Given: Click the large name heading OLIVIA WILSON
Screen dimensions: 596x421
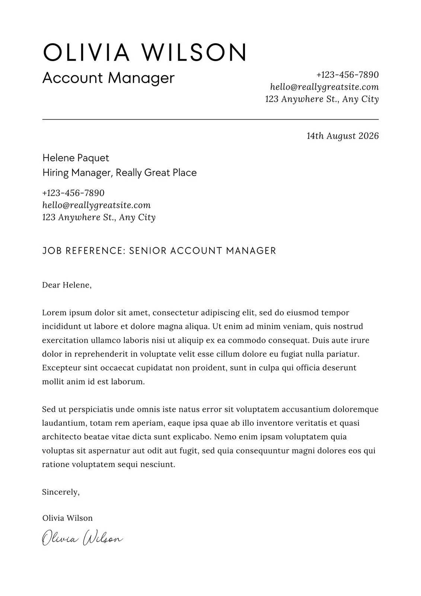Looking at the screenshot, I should (x=145, y=53).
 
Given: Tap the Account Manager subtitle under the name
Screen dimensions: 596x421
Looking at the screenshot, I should (x=108, y=78).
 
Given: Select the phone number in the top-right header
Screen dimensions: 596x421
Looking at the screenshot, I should (x=347, y=75).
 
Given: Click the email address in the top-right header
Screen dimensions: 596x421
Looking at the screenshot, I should (x=324, y=87).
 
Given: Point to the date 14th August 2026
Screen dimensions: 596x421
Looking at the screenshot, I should (x=342, y=136).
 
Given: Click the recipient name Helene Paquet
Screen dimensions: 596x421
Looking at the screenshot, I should (x=76, y=158).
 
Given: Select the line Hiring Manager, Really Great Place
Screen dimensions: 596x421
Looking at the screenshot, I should (x=119, y=173).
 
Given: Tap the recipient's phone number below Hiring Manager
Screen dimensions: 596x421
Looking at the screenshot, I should (x=73, y=193).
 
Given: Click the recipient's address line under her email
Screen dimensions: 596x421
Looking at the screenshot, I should (x=99, y=217).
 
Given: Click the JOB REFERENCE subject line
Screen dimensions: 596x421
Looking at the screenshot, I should (x=159, y=251).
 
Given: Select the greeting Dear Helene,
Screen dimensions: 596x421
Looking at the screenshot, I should (x=67, y=285).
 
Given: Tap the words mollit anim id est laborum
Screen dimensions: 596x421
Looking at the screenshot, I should (x=93, y=382).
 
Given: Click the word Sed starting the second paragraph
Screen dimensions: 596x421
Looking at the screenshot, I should (x=48, y=409).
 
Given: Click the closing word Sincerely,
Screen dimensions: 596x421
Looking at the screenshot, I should (x=61, y=492).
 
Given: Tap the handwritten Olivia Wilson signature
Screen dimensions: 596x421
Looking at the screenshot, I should (x=82, y=539).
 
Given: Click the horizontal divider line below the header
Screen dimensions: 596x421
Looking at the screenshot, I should (x=210, y=119).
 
